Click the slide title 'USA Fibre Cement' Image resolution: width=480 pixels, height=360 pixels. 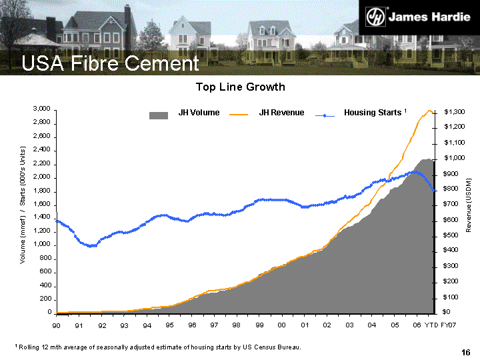(110, 64)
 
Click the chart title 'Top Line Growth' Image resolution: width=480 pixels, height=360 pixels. (240, 87)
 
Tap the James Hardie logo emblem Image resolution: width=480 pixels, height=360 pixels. (375, 16)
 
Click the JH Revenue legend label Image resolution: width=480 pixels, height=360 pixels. (281, 113)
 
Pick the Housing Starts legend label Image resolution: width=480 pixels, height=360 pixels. (373, 113)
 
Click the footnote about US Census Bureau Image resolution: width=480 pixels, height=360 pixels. (158, 347)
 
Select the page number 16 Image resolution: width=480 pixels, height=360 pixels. (466, 353)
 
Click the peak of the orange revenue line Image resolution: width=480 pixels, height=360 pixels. (429, 111)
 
